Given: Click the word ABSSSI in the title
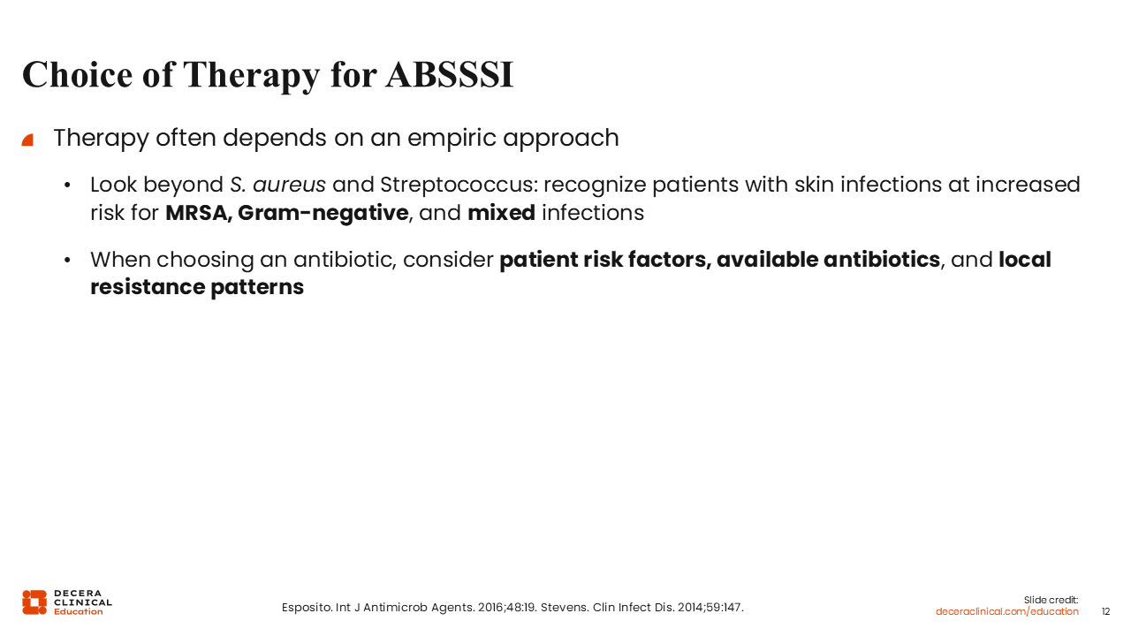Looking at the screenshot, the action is [450, 75].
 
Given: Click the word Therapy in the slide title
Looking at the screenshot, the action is [252, 77].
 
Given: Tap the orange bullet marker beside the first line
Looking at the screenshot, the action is [27, 140].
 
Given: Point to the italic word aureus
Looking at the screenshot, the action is [289, 185].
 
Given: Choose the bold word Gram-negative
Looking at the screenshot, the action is [323, 214].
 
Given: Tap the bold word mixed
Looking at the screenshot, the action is [501, 213].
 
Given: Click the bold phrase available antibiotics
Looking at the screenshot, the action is [828, 260].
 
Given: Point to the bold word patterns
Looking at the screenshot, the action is [257, 288].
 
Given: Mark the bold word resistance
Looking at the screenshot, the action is [148, 287].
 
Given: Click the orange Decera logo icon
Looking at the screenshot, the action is [34, 602].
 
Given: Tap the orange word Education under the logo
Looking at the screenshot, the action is [79, 612].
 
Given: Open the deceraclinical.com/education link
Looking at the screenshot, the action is [1006, 612].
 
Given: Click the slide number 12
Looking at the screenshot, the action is [1105, 612].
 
